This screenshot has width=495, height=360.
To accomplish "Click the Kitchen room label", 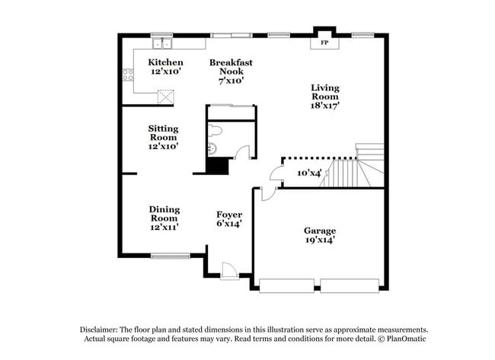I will [x=165, y=62].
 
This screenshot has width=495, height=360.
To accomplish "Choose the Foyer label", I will [x=229, y=215].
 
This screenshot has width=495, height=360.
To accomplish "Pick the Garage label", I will [x=320, y=231].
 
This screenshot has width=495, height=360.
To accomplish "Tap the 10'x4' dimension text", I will [x=309, y=174].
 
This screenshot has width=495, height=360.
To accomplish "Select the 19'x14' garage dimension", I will [x=320, y=241].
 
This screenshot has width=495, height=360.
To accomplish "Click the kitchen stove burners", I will [x=129, y=75].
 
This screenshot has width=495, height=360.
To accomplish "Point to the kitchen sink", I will [x=161, y=43].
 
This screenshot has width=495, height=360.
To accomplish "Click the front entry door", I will [x=226, y=269].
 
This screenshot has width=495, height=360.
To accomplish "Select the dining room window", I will [x=170, y=256].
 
